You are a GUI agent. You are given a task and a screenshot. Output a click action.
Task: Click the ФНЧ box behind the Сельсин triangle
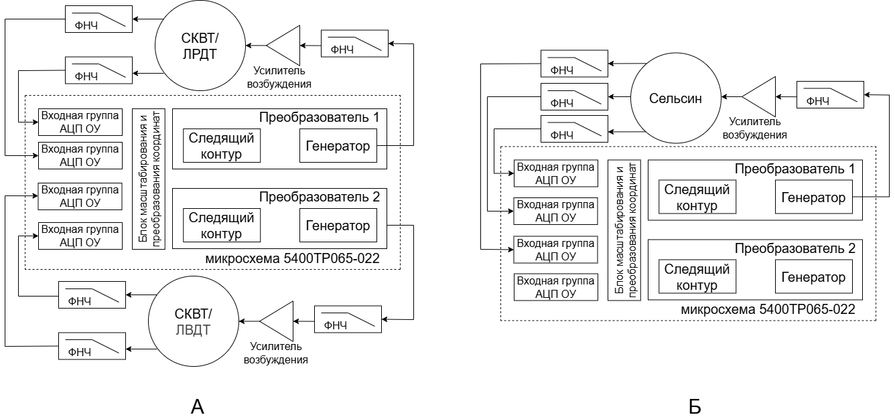click(830, 96)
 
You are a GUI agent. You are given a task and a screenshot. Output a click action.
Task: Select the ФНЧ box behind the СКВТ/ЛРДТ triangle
click(355, 44)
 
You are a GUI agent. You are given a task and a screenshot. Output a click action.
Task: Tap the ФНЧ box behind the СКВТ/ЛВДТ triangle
click(348, 319)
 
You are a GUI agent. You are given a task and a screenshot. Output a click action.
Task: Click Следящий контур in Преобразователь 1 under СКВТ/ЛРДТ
click(222, 147)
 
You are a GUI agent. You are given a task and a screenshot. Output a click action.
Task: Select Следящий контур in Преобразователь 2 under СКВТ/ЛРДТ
click(222, 226)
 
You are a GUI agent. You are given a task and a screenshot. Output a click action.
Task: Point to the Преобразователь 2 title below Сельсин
click(795, 248)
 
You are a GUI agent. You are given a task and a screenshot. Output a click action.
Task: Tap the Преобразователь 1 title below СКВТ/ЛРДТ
click(320, 117)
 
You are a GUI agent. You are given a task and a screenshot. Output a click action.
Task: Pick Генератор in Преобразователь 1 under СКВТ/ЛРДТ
click(338, 146)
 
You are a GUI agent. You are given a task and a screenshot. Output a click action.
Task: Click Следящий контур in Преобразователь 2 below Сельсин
click(697, 277)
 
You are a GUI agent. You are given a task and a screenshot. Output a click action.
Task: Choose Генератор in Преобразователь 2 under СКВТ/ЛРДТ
click(338, 226)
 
